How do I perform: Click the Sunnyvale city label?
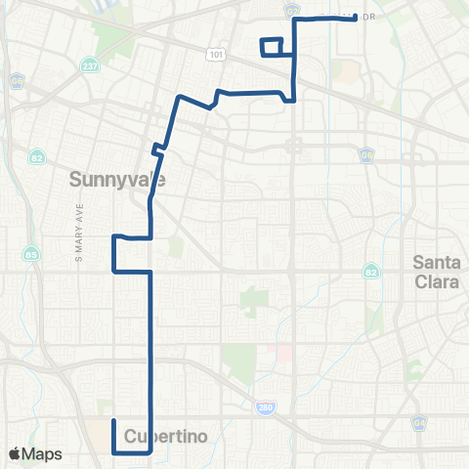pos(117,180)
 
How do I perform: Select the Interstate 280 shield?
pos(267,406)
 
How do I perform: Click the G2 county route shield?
pos(294,10)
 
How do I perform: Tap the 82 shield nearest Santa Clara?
pos(371,271)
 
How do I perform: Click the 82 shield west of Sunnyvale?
pos(37,156)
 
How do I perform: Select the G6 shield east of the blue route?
pos(366,154)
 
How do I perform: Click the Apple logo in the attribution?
pos(15,454)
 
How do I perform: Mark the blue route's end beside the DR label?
pos(354,18)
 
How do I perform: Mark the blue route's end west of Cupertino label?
pos(114,420)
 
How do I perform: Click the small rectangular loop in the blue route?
pos(272,47)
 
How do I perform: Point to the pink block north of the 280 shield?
pos(284,351)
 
